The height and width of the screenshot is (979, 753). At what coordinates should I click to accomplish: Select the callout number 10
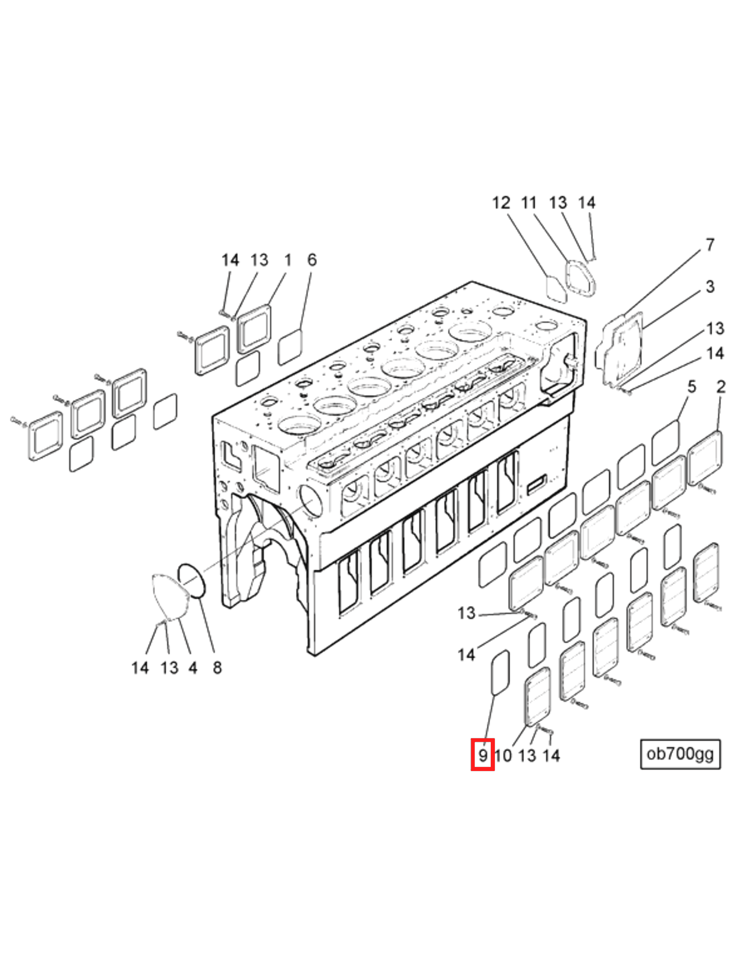503,755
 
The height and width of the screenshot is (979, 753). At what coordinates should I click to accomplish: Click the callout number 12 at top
501,203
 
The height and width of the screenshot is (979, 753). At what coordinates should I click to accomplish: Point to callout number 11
529,203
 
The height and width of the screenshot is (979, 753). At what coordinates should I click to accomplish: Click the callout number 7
710,245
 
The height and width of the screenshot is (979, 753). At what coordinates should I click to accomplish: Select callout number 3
710,286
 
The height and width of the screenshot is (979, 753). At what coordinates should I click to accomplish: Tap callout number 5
692,386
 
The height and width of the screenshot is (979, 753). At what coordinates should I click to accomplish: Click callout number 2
721,386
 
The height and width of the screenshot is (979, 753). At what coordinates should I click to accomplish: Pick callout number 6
312,260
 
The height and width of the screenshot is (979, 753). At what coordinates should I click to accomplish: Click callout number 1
288,260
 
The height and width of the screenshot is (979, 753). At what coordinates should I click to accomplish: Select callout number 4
193,668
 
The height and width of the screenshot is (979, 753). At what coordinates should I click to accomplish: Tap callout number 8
217,668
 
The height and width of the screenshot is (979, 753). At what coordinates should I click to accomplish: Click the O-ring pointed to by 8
192,580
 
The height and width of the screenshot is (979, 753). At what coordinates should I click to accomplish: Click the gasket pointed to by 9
500,672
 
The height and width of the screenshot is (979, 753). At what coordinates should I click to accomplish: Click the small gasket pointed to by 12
556,290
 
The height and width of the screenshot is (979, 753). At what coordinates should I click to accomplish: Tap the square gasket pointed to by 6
290,347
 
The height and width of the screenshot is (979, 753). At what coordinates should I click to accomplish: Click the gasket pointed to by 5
665,442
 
